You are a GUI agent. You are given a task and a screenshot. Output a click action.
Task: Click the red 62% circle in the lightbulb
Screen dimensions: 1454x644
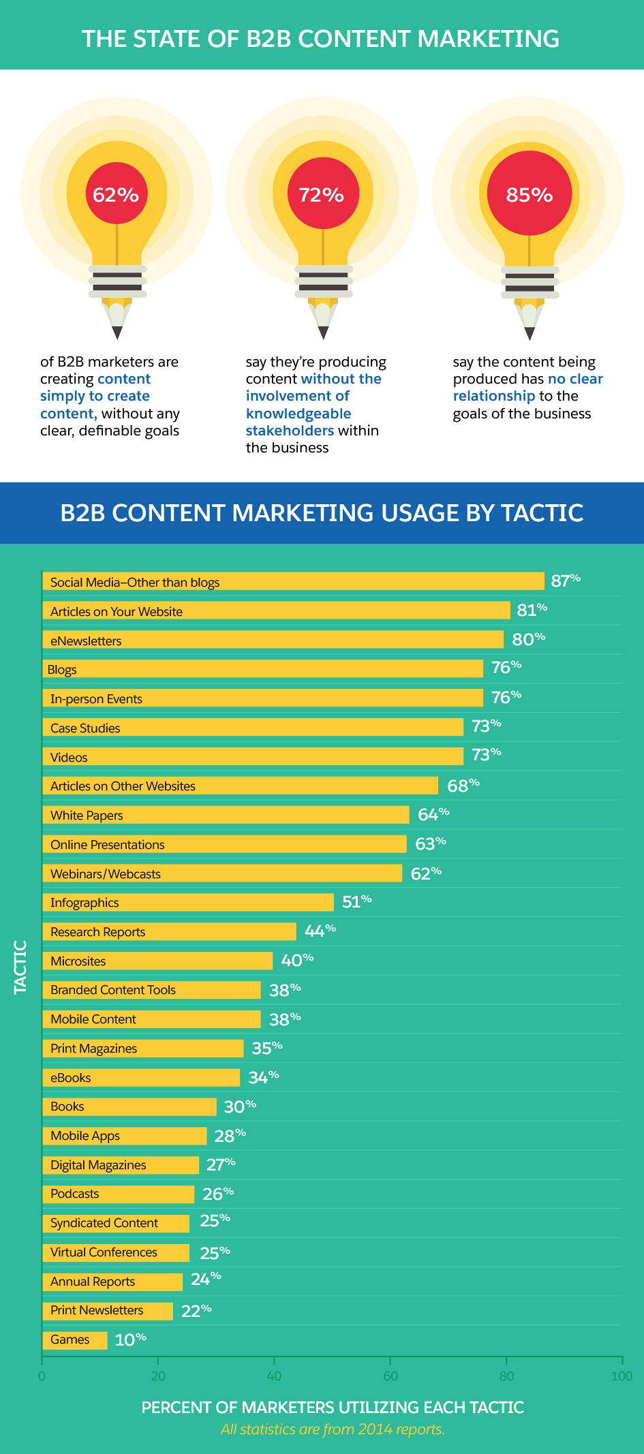(x=116, y=195)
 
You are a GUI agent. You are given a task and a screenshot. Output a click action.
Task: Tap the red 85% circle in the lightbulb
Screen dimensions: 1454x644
(x=530, y=195)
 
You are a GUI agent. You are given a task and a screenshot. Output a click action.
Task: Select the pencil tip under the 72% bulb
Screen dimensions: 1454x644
(x=323, y=332)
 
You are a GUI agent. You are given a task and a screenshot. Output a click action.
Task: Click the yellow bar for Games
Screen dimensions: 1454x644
(x=75, y=1340)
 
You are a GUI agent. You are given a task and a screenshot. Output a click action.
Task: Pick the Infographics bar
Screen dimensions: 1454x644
(x=188, y=903)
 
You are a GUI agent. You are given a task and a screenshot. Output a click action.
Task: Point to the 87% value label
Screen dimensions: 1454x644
(x=566, y=581)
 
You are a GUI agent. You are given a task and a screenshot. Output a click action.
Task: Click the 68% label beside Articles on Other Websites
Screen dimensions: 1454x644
(x=463, y=786)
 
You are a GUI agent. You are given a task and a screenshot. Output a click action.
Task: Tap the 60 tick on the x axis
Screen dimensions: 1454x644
(x=390, y=1376)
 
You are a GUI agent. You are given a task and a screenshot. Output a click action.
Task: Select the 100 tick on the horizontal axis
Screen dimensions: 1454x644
(x=622, y=1376)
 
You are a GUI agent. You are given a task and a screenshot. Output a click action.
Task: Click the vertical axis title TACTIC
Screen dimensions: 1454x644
(x=20, y=967)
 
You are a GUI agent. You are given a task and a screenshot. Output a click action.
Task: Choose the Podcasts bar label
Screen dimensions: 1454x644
(x=75, y=1194)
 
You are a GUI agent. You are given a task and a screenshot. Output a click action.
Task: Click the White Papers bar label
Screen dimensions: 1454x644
(x=87, y=816)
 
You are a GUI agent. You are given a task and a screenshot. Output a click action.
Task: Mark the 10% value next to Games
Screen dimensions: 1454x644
(x=130, y=1340)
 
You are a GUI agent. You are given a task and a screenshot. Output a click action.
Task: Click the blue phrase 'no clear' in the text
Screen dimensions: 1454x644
(x=575, y=379)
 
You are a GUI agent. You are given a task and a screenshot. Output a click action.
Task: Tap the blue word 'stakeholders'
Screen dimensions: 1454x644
(x=290, y=431)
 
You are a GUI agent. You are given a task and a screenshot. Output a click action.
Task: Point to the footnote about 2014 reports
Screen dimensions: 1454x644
(x=333, y=1429)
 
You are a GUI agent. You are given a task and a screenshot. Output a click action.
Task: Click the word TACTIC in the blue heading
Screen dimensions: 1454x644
(x=542, y=513)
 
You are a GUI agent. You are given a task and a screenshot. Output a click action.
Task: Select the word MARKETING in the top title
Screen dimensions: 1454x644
(x=488, y=39)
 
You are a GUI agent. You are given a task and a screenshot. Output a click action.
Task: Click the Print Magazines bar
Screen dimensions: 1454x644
(x=143, y=1049)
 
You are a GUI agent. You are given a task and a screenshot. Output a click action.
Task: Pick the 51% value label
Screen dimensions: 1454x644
(x=356, y=902)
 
